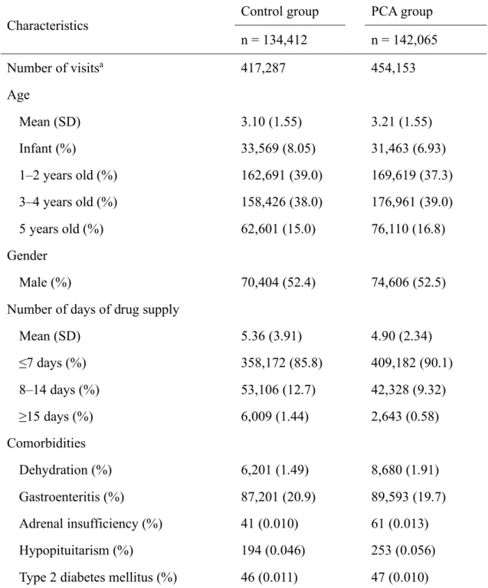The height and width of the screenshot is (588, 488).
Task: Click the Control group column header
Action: pos(280,11)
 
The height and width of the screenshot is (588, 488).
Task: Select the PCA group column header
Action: pos(401,11)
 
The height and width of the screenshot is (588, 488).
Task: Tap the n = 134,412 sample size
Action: pos(273,40)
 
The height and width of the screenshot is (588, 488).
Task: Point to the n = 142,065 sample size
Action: pos(404,40)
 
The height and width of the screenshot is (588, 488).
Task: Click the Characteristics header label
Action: pos(47,25)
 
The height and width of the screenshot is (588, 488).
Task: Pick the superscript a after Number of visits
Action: pos(101,65)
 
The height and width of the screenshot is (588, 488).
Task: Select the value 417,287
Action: pos(263,68)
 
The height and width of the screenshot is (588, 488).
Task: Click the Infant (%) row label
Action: pos(47,149)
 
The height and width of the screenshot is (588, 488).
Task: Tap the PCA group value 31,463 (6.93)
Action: pos(408,149)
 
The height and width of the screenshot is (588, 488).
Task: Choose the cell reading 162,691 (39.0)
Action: pos(281,175)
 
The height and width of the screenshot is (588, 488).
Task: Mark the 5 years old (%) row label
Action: pos(61,229)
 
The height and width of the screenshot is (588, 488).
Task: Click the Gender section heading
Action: pos(27,256)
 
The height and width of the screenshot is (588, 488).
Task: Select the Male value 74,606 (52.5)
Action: pos(408,283)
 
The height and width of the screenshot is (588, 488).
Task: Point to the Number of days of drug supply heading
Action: pos(93,309)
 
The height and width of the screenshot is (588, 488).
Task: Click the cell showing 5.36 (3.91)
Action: pos(271,336)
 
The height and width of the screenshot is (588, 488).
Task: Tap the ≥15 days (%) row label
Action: pos(56,416)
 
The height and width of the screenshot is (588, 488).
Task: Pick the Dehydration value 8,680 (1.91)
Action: pos(404,470)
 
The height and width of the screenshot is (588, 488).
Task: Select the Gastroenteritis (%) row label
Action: pos(72,497)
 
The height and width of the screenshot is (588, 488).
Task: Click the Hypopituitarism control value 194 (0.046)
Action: pos(273,550)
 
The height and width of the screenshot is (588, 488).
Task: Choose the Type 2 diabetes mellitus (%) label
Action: pos(98,577)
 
